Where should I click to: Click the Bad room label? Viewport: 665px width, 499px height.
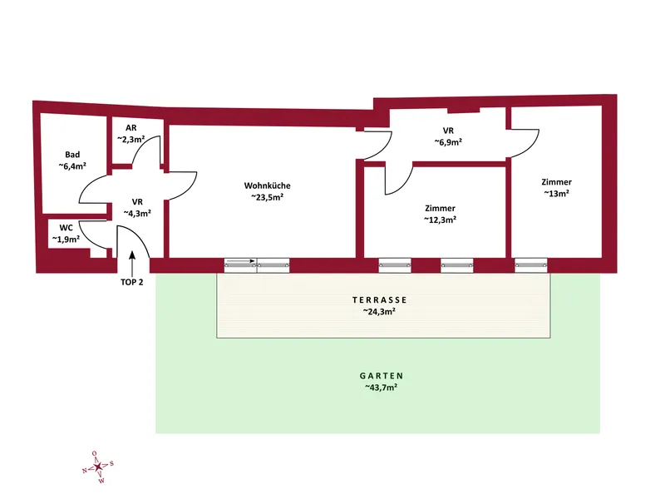[72, 155]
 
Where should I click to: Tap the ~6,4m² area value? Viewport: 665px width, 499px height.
[72, 166]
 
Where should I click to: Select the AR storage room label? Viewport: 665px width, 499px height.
[131, 128]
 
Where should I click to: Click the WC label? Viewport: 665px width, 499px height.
[66, 228]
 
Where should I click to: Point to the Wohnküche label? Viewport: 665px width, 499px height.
[267, 185]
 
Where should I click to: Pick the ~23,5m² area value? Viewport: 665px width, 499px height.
[267, 197]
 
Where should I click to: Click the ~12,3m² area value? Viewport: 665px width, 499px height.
[441, 220]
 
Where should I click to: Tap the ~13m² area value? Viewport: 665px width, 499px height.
[556, 193]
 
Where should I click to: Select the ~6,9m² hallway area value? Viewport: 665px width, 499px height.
[448, 142]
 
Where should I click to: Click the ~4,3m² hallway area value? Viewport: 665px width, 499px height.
[137, 214]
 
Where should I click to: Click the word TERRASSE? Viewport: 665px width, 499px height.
[380, 300]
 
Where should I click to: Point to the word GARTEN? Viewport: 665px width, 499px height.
[382, 376]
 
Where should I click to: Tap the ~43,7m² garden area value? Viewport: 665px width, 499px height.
[382, 388]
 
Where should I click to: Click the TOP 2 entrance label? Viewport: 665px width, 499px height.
[132, 282]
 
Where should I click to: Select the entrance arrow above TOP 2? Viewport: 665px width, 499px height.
[132, 263]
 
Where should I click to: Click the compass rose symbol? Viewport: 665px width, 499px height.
[98, 467]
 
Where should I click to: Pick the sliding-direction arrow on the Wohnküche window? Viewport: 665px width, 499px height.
[240, 261]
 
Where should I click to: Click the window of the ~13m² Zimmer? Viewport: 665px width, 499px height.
[531, 265]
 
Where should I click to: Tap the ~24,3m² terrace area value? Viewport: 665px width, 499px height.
[380, 311]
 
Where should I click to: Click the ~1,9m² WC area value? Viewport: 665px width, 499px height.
[66, 240]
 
